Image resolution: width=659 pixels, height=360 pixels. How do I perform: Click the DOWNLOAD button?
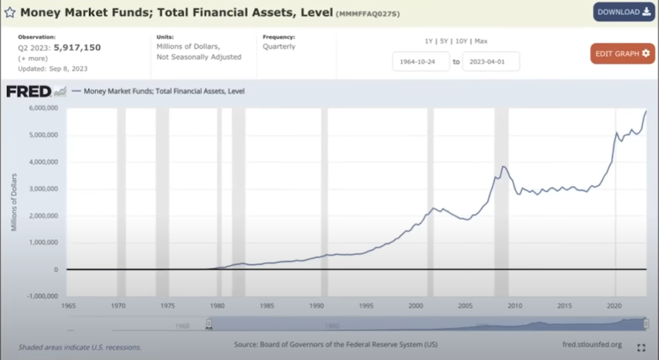tap(623, 12)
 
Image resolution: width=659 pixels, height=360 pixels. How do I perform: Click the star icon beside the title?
tap(10, 12)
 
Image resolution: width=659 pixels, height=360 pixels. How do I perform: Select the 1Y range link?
tap(429, 41)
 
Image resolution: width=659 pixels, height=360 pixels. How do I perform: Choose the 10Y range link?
tap(462, 41)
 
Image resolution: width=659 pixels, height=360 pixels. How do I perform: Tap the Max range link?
tap(481, 41)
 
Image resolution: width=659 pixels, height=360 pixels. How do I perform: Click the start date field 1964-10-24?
tap(421, 61)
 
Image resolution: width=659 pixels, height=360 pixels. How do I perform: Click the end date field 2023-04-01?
tap(491, 61)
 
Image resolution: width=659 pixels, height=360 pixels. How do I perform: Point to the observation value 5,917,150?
tap(77, 47)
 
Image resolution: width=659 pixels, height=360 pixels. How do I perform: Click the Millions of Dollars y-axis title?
tap(14, 202)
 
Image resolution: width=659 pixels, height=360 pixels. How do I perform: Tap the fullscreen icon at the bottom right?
tap(641, 348)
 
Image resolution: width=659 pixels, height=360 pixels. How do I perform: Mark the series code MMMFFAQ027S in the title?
tap(368, 13)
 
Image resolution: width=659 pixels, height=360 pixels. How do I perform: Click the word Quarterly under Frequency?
tap(279, 47)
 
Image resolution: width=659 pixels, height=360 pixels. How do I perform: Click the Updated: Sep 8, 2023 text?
tap(53, 69)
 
